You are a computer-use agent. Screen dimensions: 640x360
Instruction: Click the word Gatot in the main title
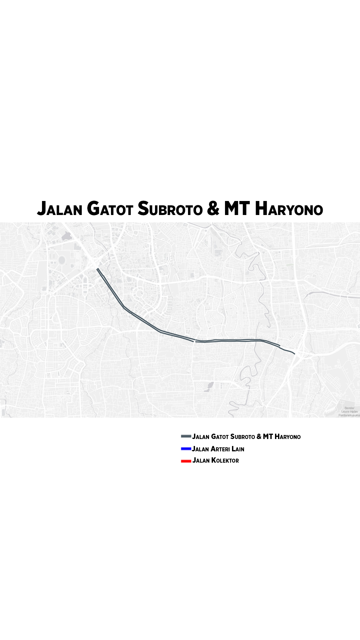[x=110, y=209]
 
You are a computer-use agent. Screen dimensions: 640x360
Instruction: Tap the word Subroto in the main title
[x=170, y=209]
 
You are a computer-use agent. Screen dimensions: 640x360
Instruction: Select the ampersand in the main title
[x=213, y=209]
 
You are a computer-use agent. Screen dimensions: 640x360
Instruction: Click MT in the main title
[x=237, y=209]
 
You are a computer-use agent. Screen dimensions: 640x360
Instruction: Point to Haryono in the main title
[x=289, y=209]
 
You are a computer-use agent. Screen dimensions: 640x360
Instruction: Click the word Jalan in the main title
[x=60, y=209]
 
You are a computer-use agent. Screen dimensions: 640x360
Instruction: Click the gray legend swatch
[x=186, y=436]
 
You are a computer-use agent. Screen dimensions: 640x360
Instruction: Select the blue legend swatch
[x=186, y=449]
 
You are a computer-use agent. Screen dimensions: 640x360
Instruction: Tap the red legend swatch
[x=186, y=461]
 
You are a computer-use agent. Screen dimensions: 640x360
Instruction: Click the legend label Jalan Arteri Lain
[x=218, y=449]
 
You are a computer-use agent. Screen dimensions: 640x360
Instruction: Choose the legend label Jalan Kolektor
[x=215, y=461]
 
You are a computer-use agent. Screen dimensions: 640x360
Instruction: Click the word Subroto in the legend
[x=242, y=437]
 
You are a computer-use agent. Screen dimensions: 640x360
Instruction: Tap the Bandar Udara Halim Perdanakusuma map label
[x=349, y=411]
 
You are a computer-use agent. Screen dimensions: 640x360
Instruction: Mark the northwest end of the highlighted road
[x=97, y=269]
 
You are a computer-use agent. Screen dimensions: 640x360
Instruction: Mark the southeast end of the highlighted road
[x=294, y=353]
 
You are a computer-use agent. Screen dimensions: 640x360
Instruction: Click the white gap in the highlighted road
[x=195, y=341]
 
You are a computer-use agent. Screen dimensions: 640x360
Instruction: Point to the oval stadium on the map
[x=62, y=260]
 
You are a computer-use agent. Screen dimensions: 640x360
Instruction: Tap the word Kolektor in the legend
[x=225, y=461]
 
